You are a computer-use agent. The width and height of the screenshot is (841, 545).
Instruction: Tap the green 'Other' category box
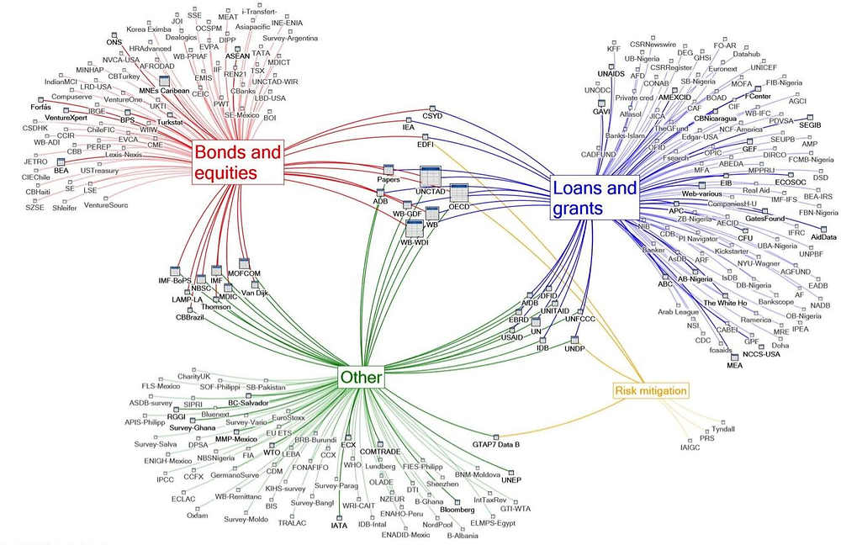(x=361, y=378)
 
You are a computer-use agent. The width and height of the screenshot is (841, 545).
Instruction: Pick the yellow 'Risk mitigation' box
(x=651, y=390)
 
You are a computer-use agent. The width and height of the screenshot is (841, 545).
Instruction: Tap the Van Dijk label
(x=256, y=293)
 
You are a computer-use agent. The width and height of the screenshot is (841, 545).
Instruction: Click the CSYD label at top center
(x=432, y=117)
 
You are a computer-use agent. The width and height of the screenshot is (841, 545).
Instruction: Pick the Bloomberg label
(x=458, y=511)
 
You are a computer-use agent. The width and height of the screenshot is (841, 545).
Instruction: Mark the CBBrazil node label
(x=191, y=316)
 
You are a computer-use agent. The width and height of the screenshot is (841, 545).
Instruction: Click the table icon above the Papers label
(x=389, y=169)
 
